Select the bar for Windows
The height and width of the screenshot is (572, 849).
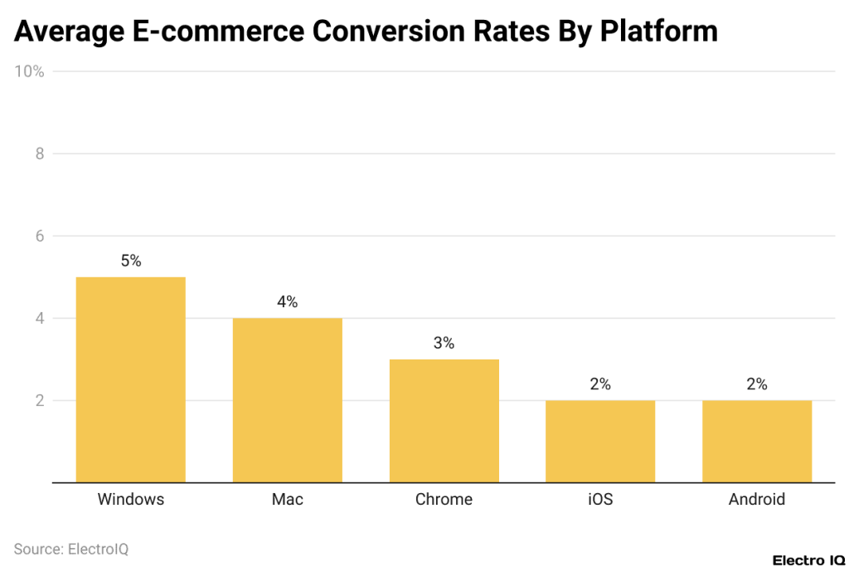pos(130,379)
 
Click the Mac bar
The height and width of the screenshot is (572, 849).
pos(287,400)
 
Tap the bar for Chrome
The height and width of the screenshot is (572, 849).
pos(444,421)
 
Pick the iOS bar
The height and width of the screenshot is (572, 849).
pos(600,441)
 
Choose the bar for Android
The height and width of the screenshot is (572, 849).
pos(756,441)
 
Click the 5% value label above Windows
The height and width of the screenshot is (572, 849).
pos(131,261)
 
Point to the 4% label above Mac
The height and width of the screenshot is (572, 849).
pos(287,302)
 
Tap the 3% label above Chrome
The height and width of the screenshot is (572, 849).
pos(444,343)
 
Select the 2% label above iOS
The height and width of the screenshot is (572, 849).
pos(600,384)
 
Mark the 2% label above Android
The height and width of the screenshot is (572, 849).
pos(756,384)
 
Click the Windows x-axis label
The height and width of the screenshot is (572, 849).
pos(131,500)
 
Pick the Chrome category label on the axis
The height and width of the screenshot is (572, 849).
pos(444,500)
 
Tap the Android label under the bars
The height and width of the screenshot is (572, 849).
pos(756,500)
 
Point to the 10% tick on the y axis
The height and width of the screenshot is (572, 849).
pos(29,71)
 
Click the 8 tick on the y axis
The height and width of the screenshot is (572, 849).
pos(38,154)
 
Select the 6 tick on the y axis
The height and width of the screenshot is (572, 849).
pos(38,236)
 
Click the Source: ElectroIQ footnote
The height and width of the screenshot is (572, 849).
pos(71,549)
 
